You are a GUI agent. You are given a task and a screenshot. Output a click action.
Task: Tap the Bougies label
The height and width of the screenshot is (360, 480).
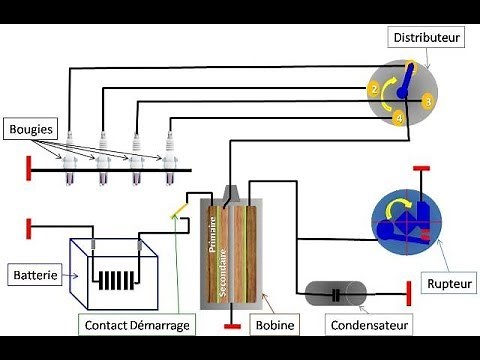[32, 128]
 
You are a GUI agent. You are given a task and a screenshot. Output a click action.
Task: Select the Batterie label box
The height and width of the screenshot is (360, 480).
[34, 272]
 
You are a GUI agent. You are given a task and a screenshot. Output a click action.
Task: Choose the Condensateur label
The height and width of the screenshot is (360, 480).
[365, 324]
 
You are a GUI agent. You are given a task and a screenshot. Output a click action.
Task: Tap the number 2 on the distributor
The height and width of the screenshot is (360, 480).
[374, 90]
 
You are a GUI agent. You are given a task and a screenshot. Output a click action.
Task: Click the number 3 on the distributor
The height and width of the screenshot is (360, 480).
[426, 101]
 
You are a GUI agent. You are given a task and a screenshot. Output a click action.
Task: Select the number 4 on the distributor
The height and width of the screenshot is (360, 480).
[398, 119]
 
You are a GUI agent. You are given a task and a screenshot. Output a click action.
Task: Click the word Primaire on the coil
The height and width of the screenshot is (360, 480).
[212, 231]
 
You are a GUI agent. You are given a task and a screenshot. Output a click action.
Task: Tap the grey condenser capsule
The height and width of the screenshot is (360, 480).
[336, 294]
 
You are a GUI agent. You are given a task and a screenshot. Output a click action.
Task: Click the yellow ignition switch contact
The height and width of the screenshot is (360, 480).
[178, 210]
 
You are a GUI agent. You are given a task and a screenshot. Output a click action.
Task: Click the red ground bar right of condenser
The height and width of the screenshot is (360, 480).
[411, 294]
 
